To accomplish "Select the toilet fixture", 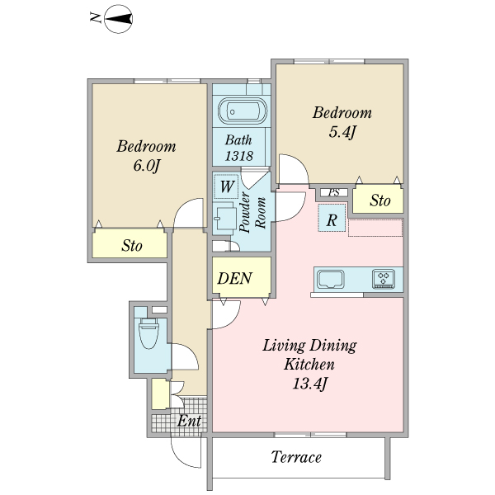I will point(149,334).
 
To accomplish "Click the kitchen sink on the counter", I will point(332,279).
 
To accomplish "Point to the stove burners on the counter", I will point(384,279).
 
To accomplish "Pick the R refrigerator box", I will point(331,219).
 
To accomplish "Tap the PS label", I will point(334,192).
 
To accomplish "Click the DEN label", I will point(234,278).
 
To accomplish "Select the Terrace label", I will point(296,457).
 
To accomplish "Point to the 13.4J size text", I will point(309,383).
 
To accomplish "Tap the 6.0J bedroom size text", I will point(146,166).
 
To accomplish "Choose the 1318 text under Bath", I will point(239,156).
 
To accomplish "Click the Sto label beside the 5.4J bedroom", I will point(379,200).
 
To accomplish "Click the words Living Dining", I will point(309,345).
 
